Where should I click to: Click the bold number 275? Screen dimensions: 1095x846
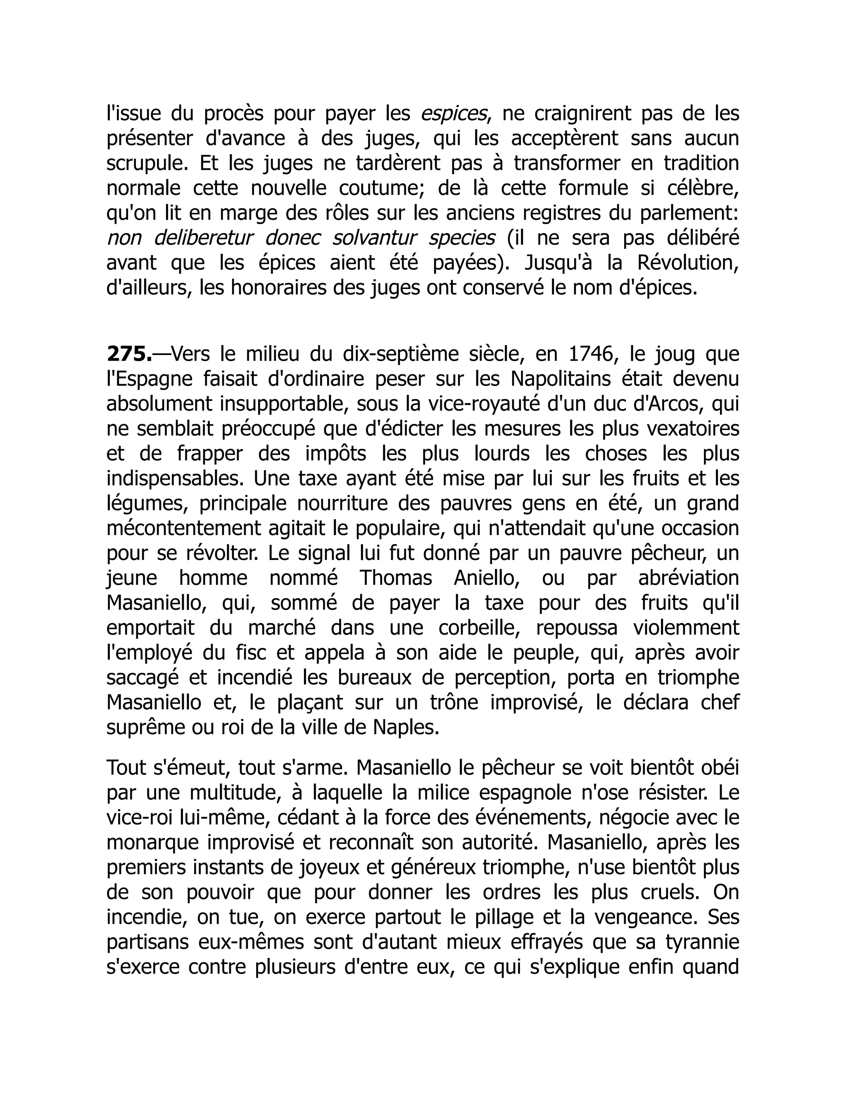128,355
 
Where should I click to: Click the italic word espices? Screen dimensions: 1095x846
453,114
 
